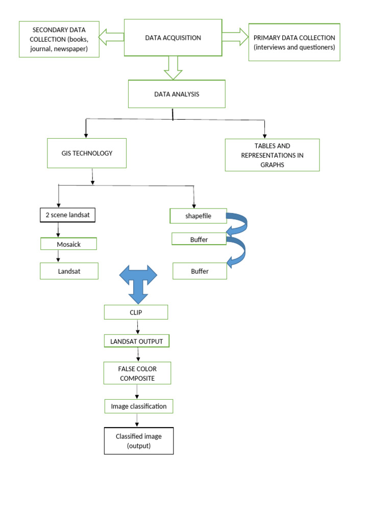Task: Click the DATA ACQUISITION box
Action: coord(173,38)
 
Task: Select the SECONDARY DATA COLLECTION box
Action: coord(59,39)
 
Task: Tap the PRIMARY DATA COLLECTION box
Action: coord(294,42)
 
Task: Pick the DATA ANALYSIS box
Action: coord(177,94)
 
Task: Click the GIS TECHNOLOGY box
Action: coord(87,153)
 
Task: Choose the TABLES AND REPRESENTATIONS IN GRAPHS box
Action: coord(272,155)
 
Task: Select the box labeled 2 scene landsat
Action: coord(67,215)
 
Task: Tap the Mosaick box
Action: coord(68,244)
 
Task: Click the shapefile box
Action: coord(198,216)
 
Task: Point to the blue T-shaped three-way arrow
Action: coord(138,281)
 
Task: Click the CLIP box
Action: coord(136,312)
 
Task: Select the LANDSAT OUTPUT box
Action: coord(137,341)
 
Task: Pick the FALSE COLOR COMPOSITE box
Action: coord(137,373)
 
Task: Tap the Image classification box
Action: coord(139,406)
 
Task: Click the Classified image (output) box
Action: coord(139,441)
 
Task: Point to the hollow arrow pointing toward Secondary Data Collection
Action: coord(111,37)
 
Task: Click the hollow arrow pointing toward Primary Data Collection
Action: coord(235,37)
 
